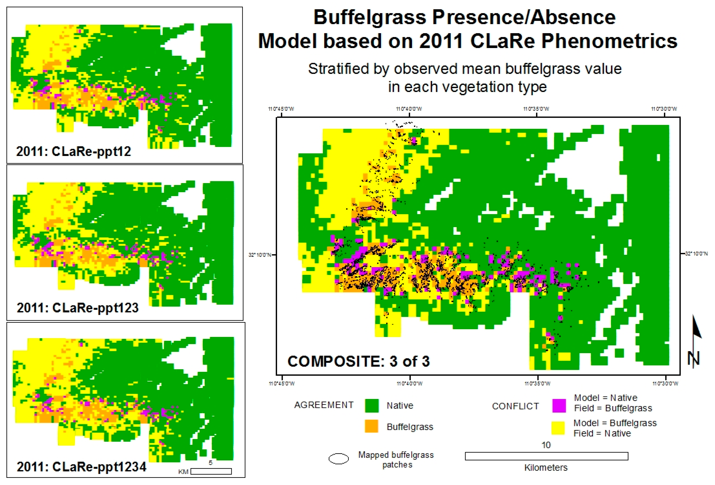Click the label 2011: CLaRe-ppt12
pos(73,151)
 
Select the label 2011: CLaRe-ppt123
pos(78,308)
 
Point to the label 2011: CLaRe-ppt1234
pos(81,467)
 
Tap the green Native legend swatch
pos(371,405)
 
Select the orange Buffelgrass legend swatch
pos(371,427)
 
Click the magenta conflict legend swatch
pos(559,405)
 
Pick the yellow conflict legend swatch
pos(558,428)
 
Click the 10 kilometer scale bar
pos(546,456)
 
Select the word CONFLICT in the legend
pos(515,406)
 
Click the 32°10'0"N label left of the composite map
pos(260,255)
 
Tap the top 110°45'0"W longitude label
pos(281,109)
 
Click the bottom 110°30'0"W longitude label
pos(665,383)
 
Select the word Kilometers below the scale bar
pos(546,467)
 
